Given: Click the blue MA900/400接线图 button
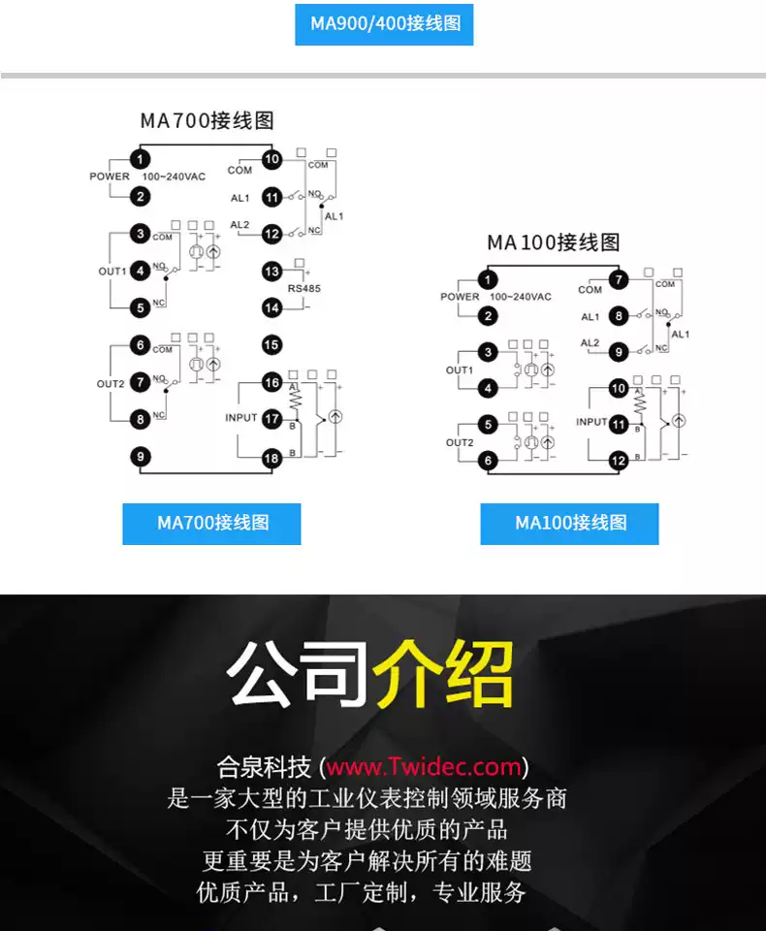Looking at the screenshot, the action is point(384,23).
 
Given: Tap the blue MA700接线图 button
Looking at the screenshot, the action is point(211,524).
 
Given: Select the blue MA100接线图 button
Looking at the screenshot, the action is point(569,524).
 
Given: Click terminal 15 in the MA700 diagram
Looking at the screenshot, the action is point(271,344).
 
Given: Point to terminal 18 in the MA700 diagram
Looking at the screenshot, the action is point(271,458).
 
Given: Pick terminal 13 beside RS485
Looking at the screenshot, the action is point(271,272).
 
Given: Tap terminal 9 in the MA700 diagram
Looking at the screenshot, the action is point(141,456).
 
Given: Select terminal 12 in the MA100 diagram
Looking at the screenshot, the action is point(619,461).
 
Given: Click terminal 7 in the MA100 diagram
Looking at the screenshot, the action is point(619,282).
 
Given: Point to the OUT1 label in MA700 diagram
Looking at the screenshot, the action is point(112,272).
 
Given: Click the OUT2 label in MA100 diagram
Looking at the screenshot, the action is point(460,443).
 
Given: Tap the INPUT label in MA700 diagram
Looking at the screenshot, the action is point(241,418).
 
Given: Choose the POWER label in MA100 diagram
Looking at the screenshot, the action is point(460,297).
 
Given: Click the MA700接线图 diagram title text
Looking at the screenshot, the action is point(207,121).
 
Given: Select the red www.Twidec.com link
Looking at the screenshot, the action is point(424,768).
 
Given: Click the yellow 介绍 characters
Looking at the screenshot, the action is point(444,673).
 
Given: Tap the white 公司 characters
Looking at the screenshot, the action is point(299,673).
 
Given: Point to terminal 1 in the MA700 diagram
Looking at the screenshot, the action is point(142,159).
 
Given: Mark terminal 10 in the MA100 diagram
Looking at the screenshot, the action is point(619,389).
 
